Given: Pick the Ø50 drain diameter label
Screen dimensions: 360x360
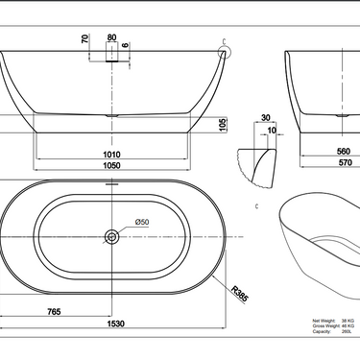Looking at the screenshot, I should [141, 222].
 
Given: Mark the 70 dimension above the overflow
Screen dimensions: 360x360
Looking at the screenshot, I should [85, 40].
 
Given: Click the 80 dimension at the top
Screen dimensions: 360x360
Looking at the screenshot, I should [113, 38].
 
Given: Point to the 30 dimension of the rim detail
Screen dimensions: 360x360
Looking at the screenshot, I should [265, 119].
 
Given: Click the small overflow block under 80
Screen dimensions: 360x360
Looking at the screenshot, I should [113, 57].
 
